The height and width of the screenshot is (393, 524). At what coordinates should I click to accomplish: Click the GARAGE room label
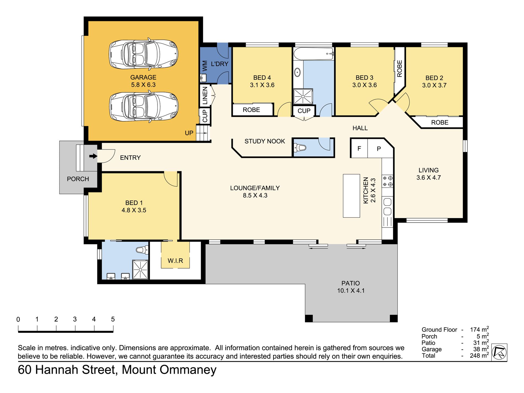click(143, 77)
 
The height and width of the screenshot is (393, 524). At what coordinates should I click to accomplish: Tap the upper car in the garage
click(143, 54)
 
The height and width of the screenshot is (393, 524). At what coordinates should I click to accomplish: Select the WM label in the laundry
click(205, 66)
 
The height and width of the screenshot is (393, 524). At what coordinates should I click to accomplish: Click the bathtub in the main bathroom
click(314, 54)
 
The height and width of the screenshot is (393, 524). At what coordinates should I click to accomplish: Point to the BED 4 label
click(262, 78)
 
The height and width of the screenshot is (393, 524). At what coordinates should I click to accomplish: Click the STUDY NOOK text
click(265, 141)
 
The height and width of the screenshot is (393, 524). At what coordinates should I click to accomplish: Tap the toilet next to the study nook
click(300, 148)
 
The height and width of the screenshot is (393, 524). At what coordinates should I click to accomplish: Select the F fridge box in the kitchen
click(359, 148)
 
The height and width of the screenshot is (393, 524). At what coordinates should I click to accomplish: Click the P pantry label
click(379, 149)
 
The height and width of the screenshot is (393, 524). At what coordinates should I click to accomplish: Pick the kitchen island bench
click(351, 196)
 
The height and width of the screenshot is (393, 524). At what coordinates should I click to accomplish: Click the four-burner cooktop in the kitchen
click(387, 181)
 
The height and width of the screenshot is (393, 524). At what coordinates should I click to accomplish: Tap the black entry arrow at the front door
click(93, 156)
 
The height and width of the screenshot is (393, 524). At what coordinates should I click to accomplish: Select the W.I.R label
click(175, 261)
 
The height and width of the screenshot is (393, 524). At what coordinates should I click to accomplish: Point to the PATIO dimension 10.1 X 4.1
click(351, 291)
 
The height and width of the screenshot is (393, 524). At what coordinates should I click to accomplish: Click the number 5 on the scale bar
click(113, 319)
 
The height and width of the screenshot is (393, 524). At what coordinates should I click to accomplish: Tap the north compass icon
click(499, 352)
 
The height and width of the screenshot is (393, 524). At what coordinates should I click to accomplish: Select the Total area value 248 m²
click(479, 355)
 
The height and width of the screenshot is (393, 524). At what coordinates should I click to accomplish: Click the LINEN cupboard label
click(205, 95)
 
